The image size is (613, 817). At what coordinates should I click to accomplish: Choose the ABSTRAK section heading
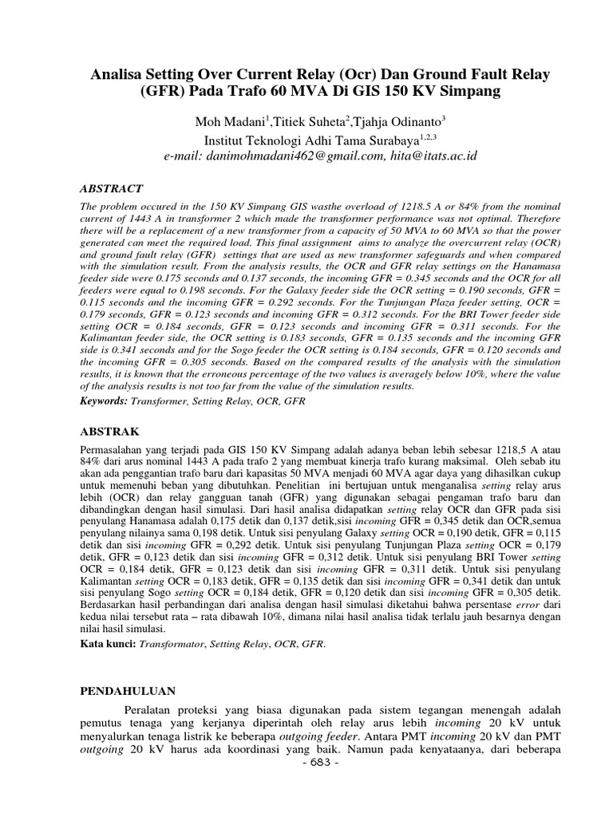pyautogui.click(x=110, y=432)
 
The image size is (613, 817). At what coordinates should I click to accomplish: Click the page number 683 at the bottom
pyautogui.click(x=322, y=807)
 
